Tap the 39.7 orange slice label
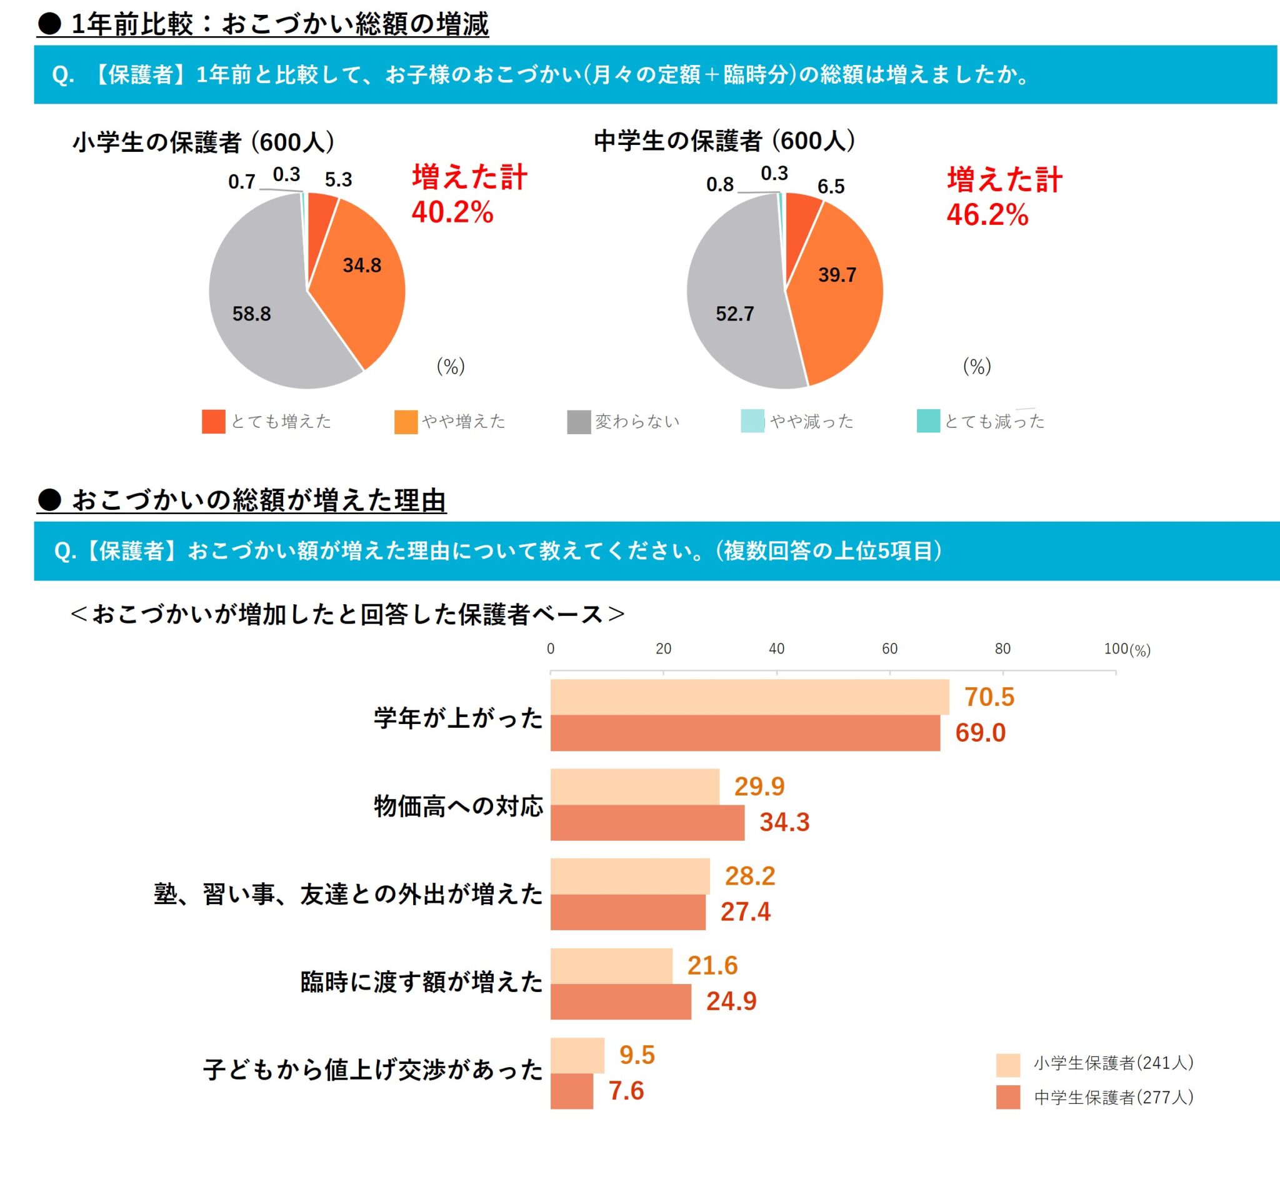click(837, 275)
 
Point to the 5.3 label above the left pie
click(338, 180)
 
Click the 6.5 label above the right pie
click(830, 187)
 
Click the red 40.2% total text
click(452, 212)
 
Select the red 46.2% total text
click(987, 214)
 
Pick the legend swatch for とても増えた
click(213, 421)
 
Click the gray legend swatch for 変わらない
click(578, 422)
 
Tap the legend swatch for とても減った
click(928, 420)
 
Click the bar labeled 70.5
click(749, 697)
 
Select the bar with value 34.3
click(647, 822)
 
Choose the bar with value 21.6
click(611, 965)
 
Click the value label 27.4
click(745, 911)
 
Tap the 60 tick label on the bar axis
click(889, 648)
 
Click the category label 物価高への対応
click(458, 806)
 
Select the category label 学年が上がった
click(458, 717)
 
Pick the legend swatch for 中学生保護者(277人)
click(1007, 1097)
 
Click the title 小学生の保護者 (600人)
click(204, 142)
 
